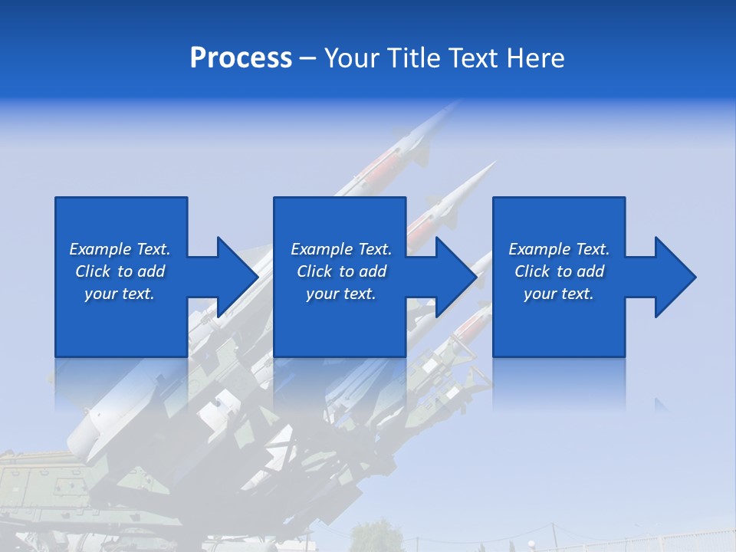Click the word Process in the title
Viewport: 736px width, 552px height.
click(x=241, y=58)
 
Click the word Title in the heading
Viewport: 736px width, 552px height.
click(x=413, y=58)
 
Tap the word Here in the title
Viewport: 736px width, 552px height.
click(x=535, y=58)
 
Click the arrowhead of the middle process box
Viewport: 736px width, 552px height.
click(x=455, y=277)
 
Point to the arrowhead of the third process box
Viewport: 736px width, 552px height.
click(x=675, y=277)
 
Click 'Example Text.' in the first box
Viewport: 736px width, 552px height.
click(x=120, y=249)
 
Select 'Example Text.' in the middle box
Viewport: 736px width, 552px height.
click(x=341, y=249)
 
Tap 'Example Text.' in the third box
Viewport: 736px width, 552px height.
click(x=559, y=249)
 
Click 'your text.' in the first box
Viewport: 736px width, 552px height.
click(x=120, y=294)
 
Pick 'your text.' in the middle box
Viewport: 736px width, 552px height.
click(x=341, y=294)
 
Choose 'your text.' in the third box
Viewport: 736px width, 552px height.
click(x=559, y=294)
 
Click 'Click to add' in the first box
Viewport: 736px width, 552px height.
click(x=120, y=271)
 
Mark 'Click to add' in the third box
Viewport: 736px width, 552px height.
click(x=559, y=271)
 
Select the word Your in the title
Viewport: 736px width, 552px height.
click(x=352, y=58)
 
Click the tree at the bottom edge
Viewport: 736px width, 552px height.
click(x=376, y=537)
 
